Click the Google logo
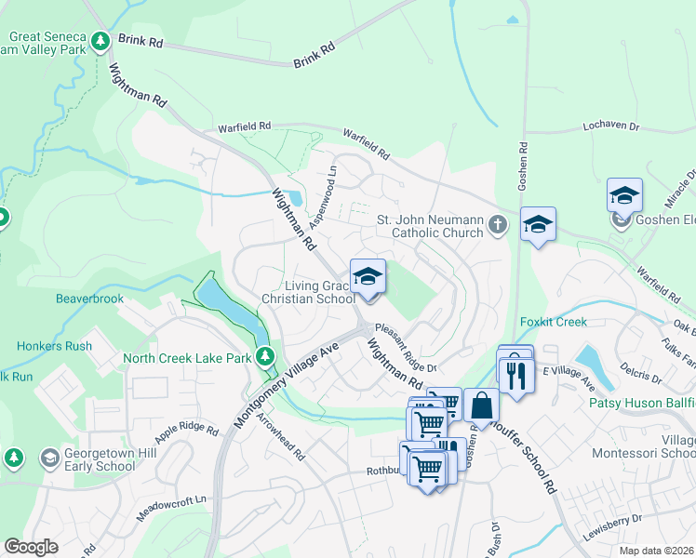pos(31,547)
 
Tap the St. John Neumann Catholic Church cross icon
pos(498,224)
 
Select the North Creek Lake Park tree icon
pos(266,355)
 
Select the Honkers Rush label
pos(54,346)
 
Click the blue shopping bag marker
pos(481,405)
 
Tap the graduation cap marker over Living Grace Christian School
pos(368,276)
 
